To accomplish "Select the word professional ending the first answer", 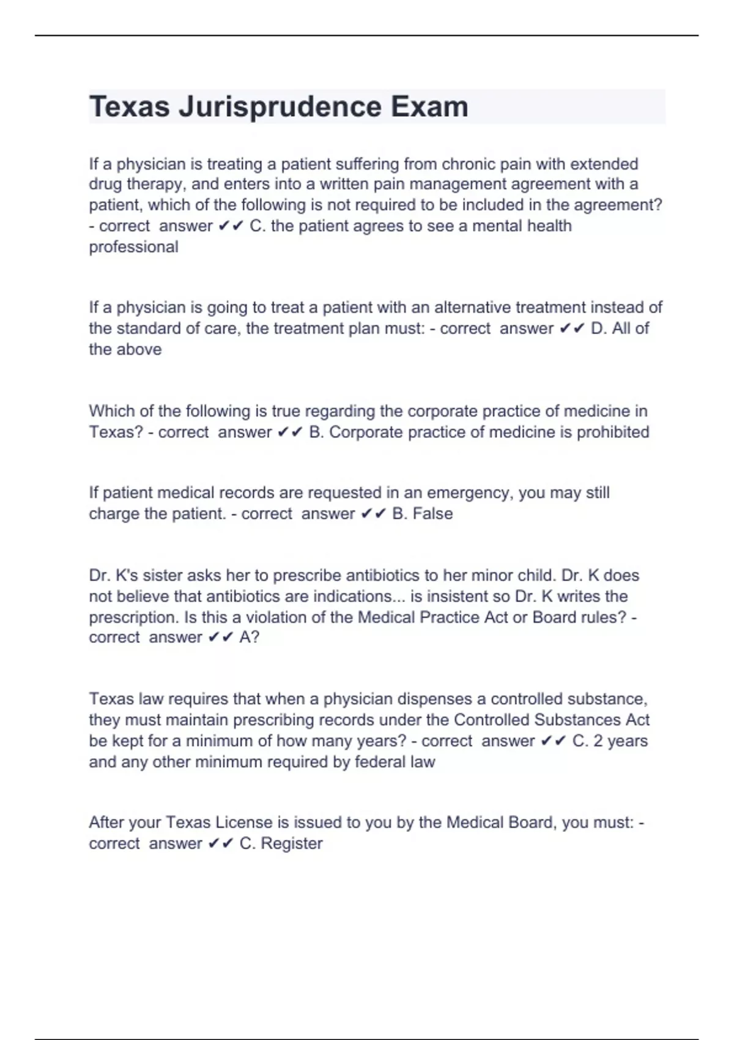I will click(133, 247).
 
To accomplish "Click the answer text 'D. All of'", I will click(620, 329).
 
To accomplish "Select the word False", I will click(432, 514).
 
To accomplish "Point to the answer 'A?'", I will click(250, 637).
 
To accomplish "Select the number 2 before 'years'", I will click(598, 741).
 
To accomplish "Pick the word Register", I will click(291, 844).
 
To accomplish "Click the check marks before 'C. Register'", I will click(221, 844).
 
